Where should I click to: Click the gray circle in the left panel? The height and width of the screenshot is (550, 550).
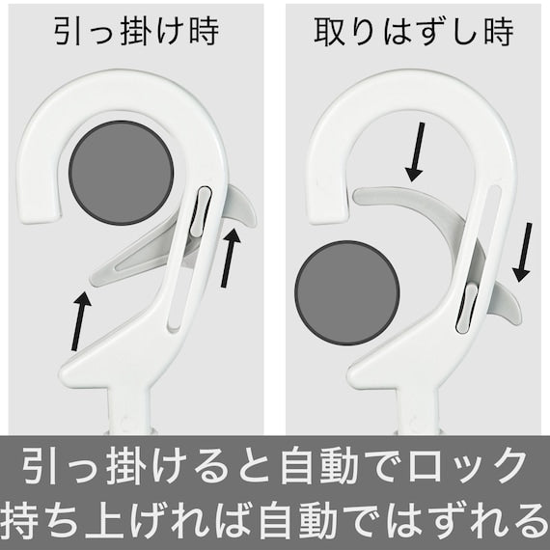coord(121,173)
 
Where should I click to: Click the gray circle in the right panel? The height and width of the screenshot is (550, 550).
coord(347,292)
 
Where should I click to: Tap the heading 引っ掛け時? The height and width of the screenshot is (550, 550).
coord(136,31)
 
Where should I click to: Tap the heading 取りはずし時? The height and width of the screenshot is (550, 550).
coord(414,32)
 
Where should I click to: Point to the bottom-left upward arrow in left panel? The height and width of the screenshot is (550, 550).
coord(81,320)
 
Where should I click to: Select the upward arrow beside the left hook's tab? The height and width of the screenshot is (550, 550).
coord(231,257)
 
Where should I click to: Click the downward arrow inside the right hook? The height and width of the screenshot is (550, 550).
coord(415,151)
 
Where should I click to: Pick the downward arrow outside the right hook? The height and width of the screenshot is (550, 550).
coord(523,252)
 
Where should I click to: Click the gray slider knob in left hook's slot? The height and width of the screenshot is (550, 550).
coord(201,210)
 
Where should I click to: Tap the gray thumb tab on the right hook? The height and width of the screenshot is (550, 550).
coord(504,301)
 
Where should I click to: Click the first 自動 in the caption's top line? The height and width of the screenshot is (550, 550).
coord(318,465)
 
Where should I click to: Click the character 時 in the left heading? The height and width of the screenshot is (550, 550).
coord(205,31)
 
